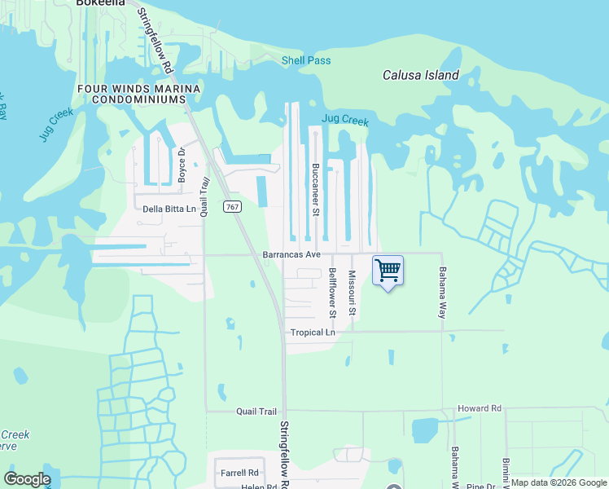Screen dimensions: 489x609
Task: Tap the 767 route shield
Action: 233,207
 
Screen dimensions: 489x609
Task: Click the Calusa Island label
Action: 421,76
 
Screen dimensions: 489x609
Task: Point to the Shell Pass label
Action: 306,60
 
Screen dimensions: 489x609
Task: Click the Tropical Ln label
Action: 313,333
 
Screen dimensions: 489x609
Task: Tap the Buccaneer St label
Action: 315,188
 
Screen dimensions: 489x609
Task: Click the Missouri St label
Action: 353,293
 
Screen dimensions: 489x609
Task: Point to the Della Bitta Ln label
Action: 170,209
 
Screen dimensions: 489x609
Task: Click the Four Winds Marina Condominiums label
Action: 138,93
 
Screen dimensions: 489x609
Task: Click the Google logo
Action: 27,479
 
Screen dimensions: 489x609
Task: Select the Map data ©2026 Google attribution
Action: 559,482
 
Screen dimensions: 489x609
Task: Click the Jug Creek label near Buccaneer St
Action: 345,120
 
